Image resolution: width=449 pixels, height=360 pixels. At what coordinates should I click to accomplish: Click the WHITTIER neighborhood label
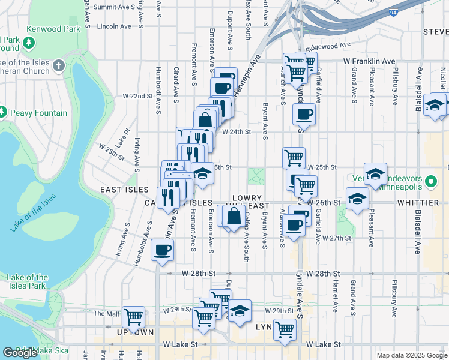[x=417, y=203]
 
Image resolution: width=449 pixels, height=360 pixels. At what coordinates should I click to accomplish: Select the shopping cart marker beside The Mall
[x=133, y=316]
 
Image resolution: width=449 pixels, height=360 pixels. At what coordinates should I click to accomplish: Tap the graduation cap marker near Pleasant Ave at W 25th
[x=375, y=173]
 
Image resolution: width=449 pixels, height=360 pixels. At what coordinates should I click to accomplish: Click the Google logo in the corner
[x=20, y=353]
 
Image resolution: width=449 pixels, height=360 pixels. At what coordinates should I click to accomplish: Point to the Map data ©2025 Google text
[x=411, y=355]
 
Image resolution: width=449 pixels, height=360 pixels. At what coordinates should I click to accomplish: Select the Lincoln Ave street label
[x=113, y=26]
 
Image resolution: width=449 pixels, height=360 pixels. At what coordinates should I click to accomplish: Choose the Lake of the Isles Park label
[x=28, y=281]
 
